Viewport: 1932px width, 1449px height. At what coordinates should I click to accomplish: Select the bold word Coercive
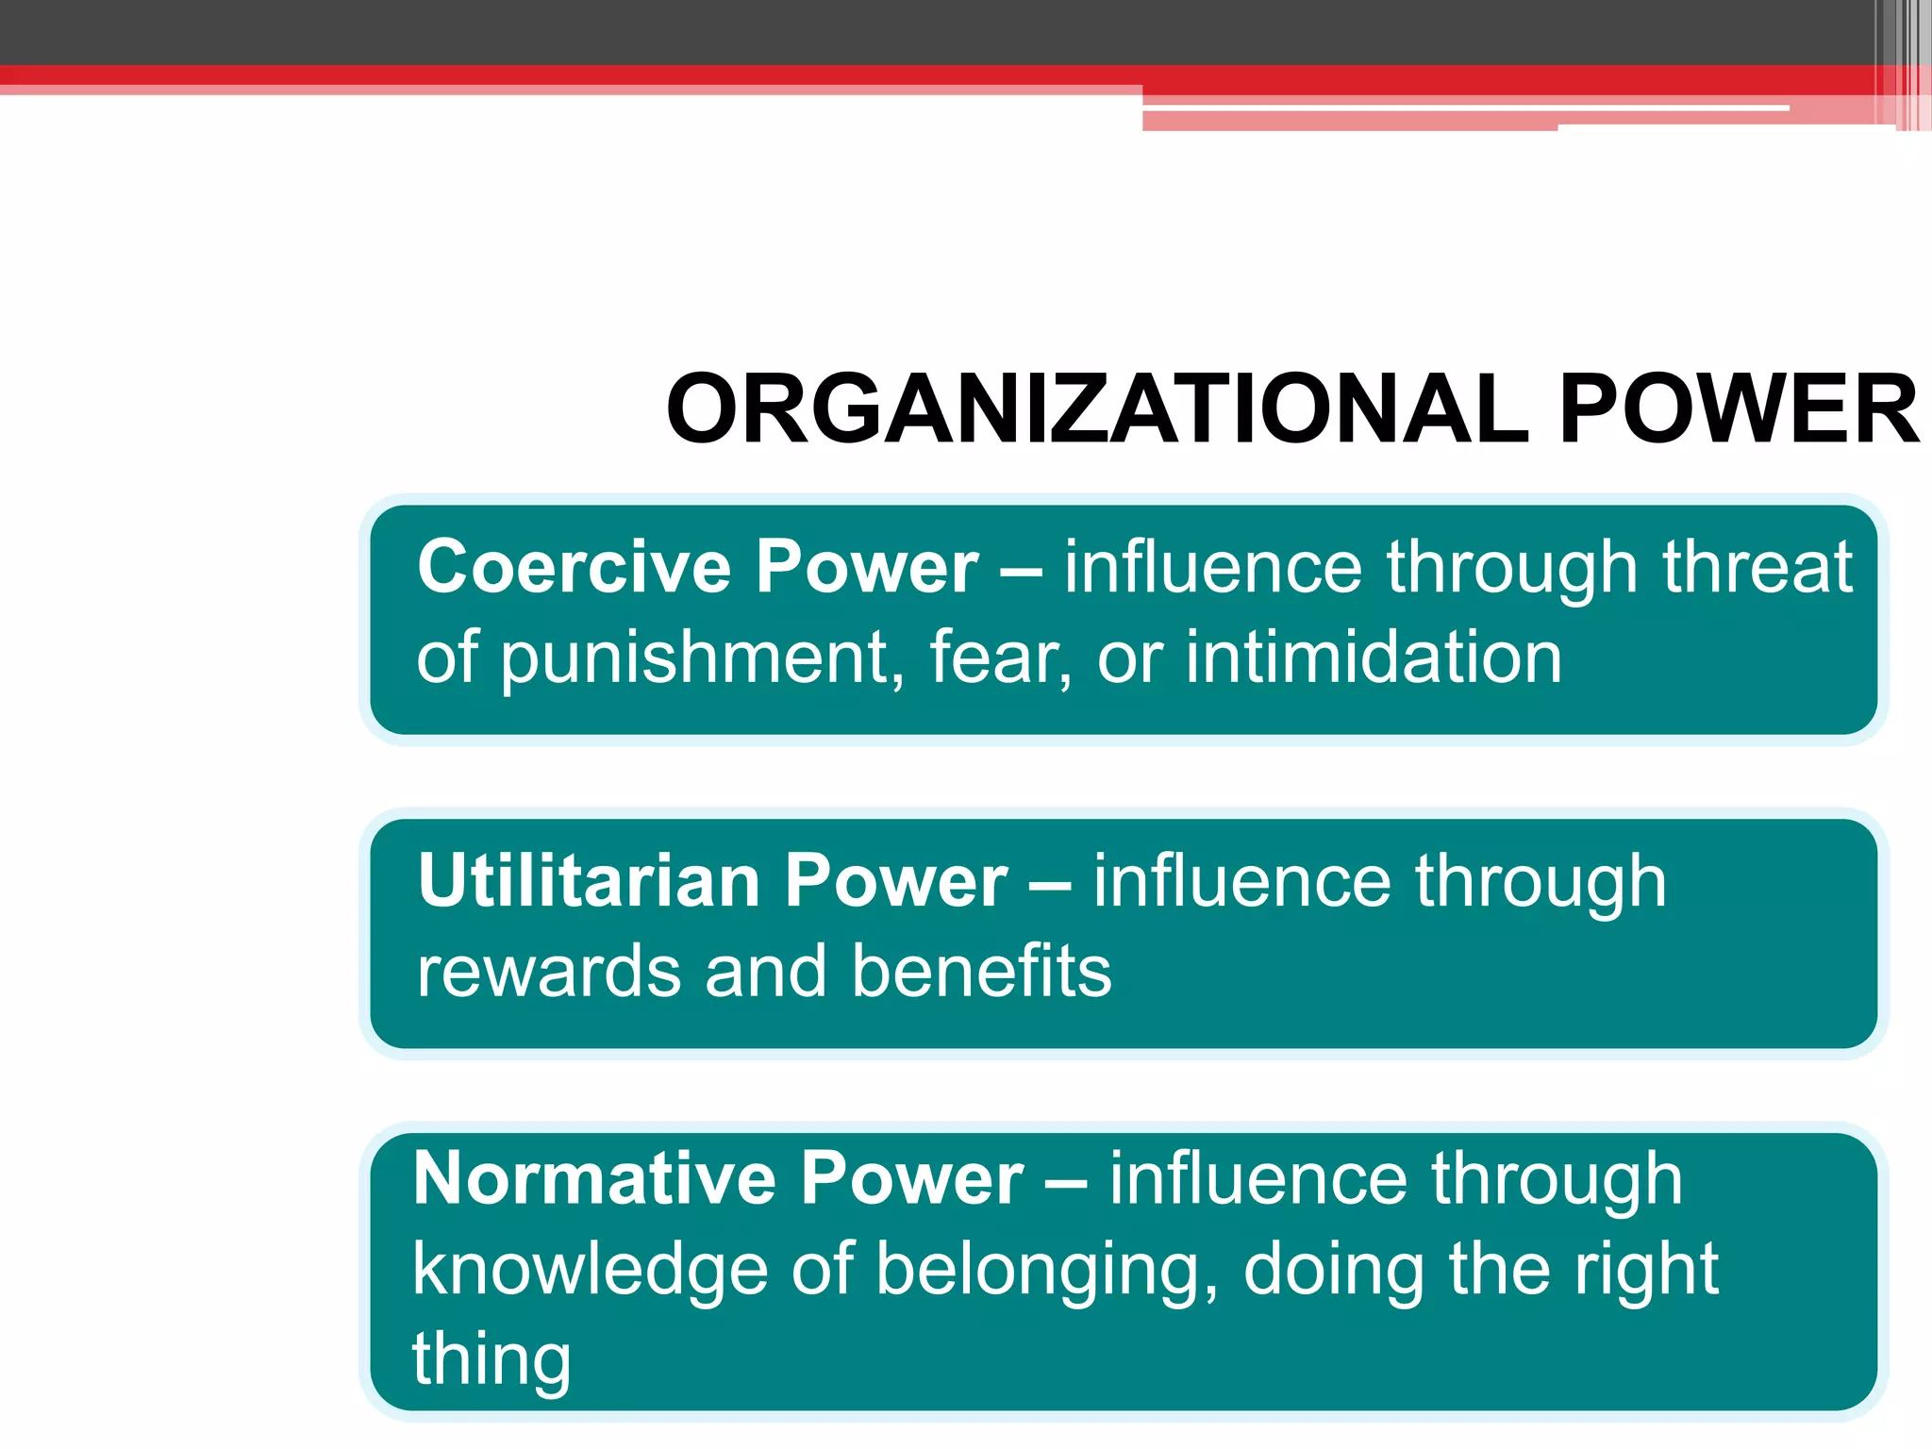tap(575, 567)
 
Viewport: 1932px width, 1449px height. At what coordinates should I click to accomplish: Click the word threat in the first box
tap(1757, 567)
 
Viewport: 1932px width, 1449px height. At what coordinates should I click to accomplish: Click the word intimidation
tap(1374, 657)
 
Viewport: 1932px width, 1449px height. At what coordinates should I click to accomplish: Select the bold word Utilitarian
tap(590, 881)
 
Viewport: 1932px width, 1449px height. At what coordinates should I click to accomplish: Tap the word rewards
tap(548, 971)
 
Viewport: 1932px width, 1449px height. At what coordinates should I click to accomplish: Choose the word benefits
tap(981, 971)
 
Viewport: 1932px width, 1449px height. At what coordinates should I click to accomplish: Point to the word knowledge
tap(590, 1270)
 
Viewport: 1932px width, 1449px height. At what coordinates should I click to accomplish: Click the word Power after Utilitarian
tap(896, 881)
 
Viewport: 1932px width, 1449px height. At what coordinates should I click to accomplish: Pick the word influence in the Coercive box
tap(1213, 567)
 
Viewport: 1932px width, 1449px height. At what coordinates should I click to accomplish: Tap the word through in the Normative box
tap(1557, 1179)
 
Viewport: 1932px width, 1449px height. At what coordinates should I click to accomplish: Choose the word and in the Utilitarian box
tap(765, 971)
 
